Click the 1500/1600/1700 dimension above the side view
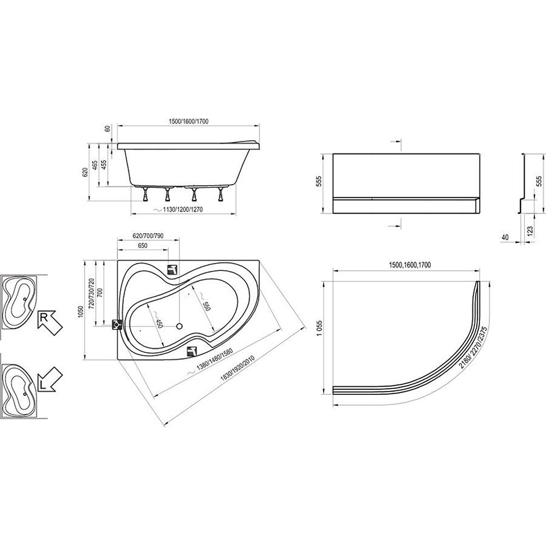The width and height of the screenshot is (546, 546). [x=188, y=121]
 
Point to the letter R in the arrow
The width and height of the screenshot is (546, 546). [x=44, y=318]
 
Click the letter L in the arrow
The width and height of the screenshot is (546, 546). [x=43, y=385]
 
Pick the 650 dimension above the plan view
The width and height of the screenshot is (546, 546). [x=143, y=246]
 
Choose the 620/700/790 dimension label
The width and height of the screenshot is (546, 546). [x=148, y=236]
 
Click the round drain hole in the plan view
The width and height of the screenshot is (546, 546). [x=180, y=327]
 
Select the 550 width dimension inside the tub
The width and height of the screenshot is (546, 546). [x=206, y=305]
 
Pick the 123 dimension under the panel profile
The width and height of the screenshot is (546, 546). [x=530, y=230]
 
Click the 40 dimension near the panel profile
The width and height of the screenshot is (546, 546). [x=505, y=237]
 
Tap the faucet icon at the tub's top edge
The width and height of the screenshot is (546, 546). [x=173, y=269]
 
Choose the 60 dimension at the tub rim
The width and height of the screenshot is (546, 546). [x=108, y=128]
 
